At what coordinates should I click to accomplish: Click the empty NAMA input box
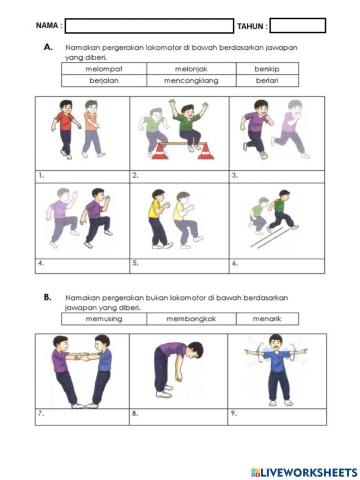148,25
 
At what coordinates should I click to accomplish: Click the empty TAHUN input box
297,25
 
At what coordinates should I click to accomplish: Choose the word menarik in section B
266,318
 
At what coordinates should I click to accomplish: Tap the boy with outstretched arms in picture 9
275,368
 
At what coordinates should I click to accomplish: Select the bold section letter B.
47,297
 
